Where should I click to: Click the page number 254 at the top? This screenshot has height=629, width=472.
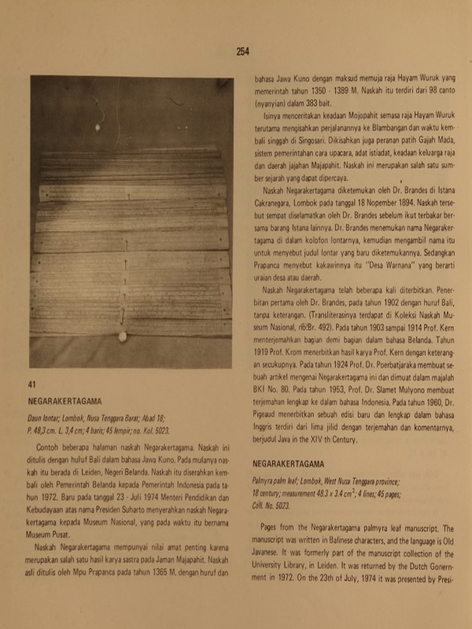click(242, 52)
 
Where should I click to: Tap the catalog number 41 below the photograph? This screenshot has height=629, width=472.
click(32, 384)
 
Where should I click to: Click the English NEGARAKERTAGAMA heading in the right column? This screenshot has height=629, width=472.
click(289, 464)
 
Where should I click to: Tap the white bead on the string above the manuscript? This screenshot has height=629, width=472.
click(98, 126)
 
